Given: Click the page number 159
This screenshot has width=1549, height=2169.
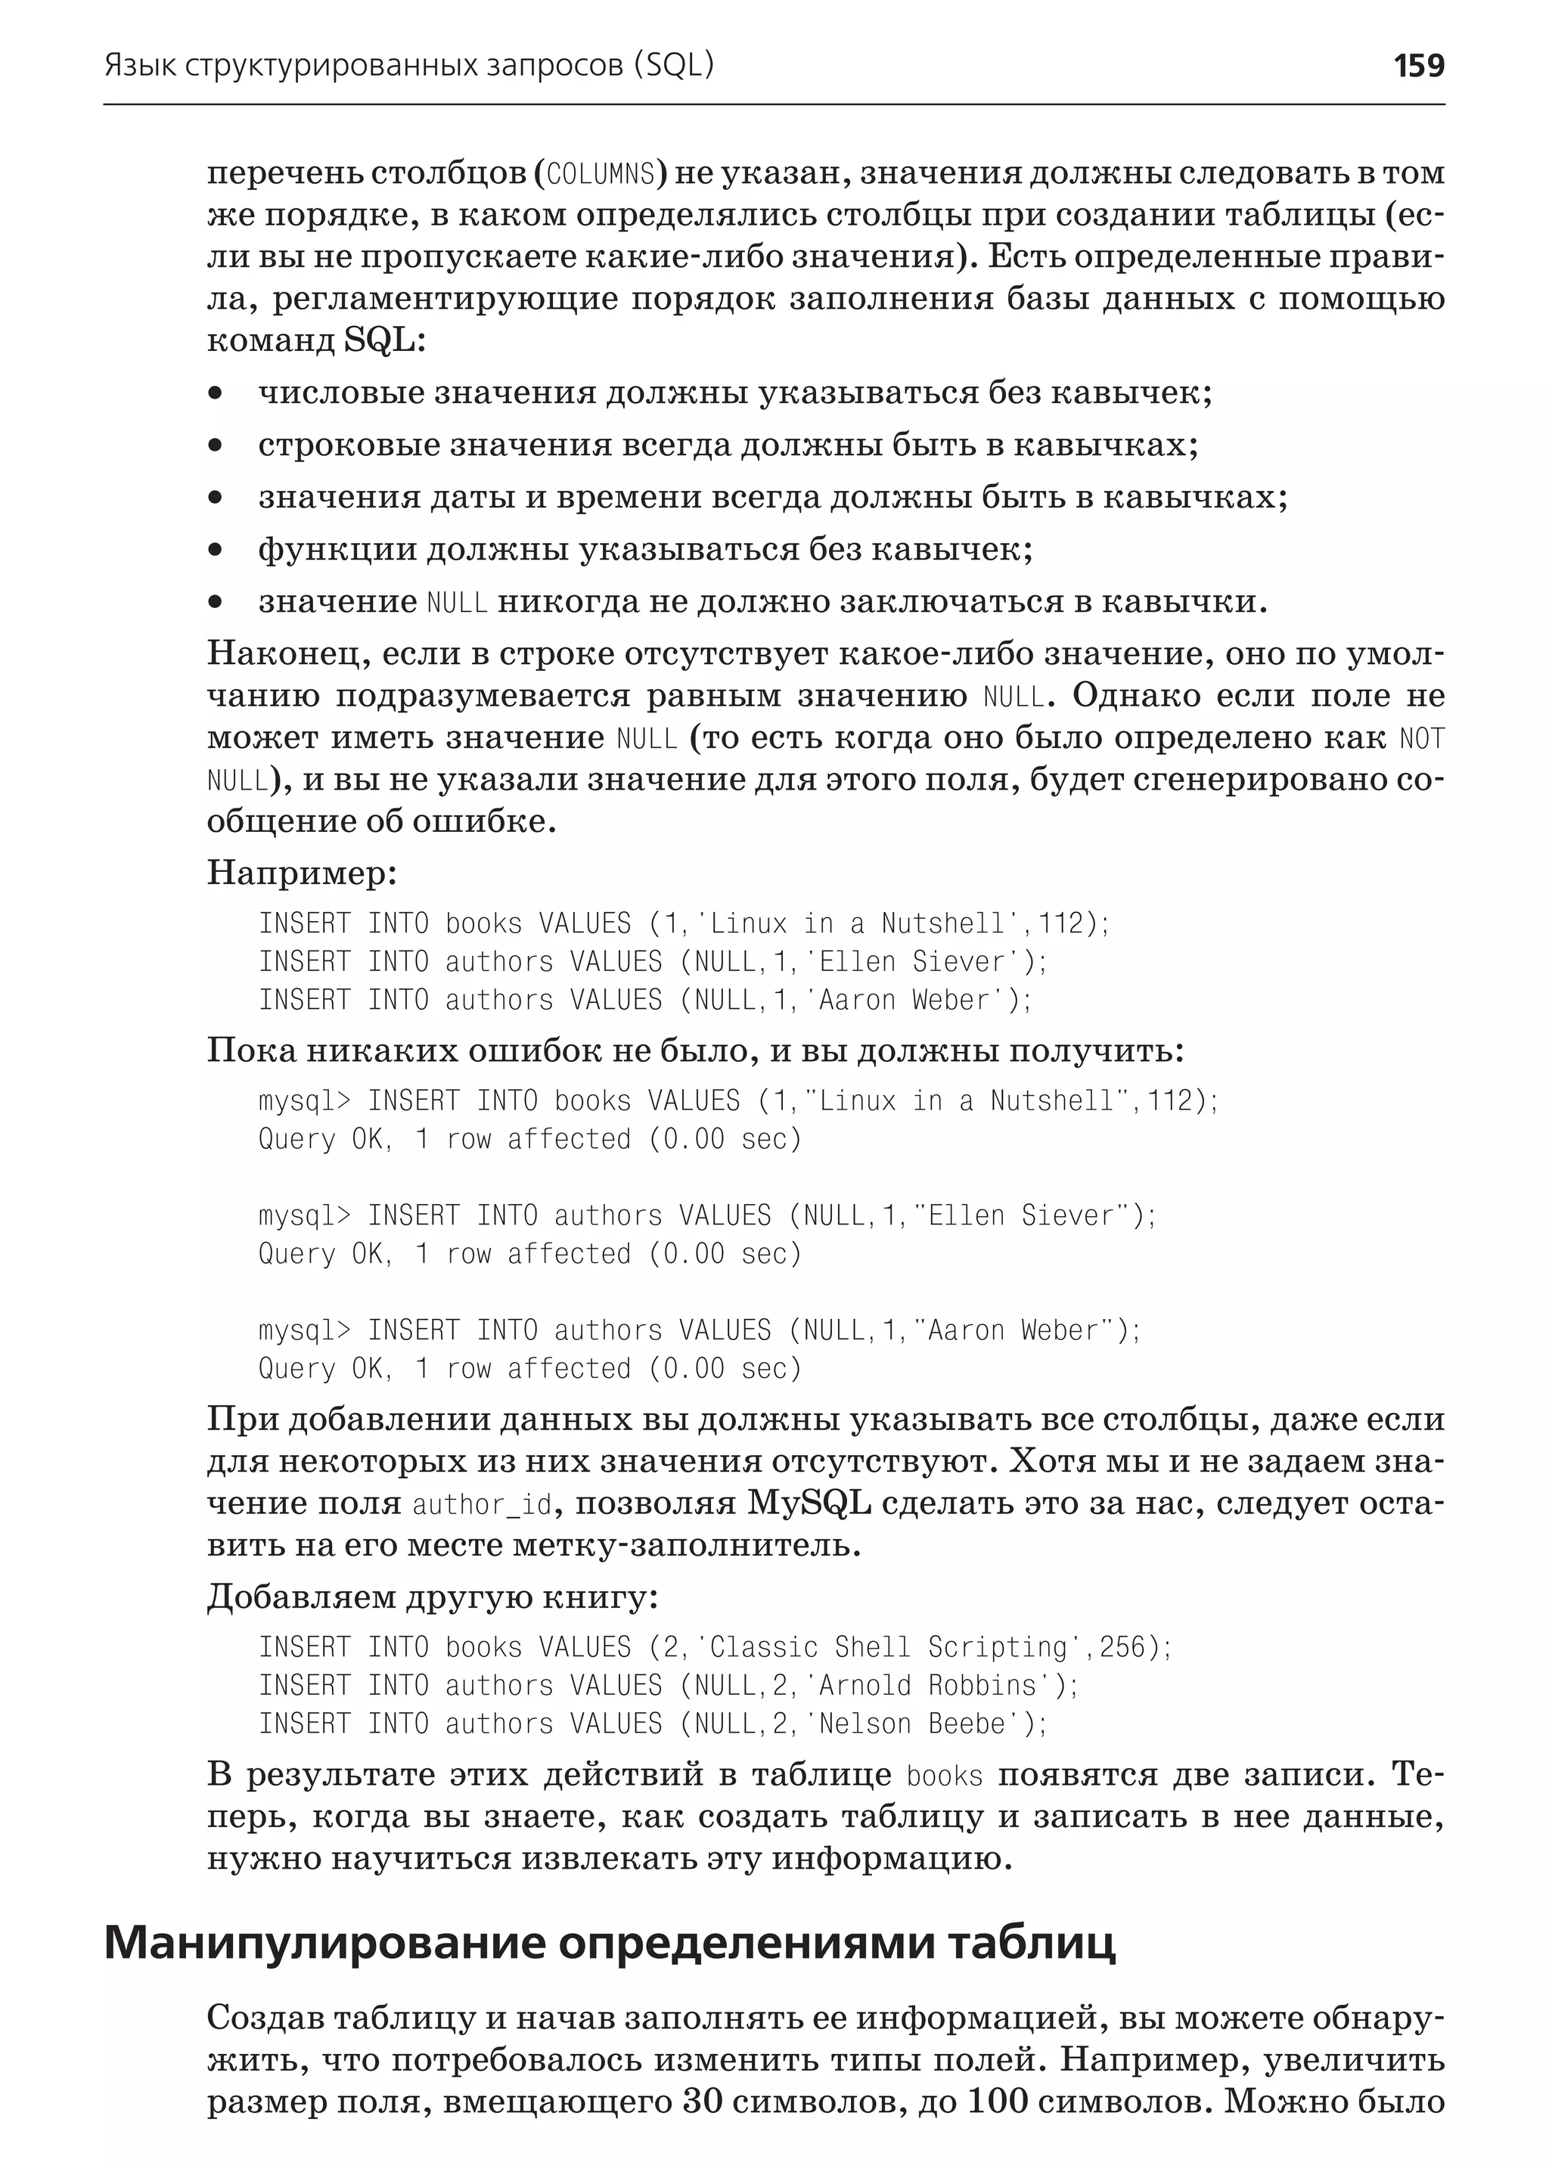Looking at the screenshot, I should tap(1418, 66).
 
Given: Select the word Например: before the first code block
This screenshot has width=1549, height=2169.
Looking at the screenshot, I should tap(302, 872).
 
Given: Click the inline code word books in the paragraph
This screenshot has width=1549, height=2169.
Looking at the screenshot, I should tap(943, 1776).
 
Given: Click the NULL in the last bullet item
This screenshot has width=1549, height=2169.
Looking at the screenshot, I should tap(457, 603).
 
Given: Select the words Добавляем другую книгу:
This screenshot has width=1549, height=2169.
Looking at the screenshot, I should tap(432, 1596).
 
